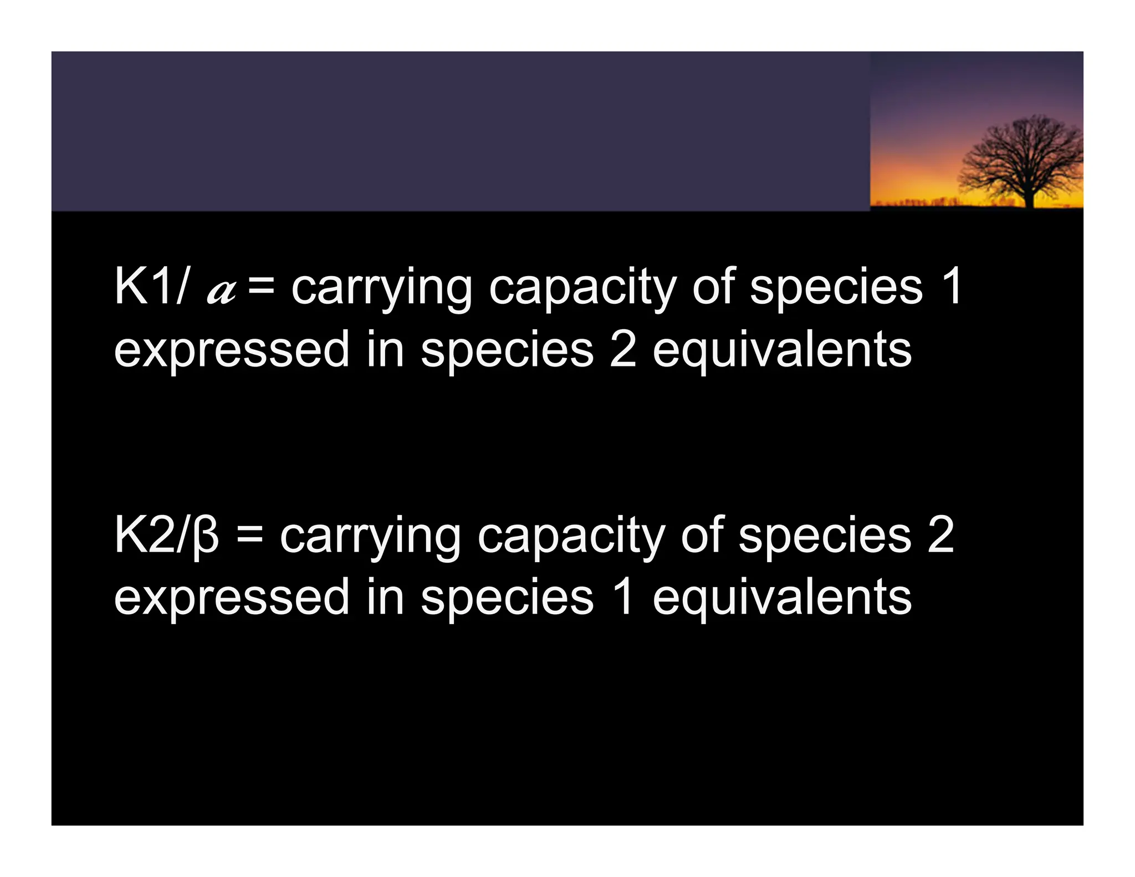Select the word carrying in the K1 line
pyautogui.click(x=381, y=289)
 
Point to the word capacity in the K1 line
pyautogui.click(x=582, y=289)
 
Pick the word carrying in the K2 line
pyautogui.click(x=370, y=538)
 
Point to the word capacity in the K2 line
pyautogui.click(x=571, y=538)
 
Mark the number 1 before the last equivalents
pyautogui.click(x=623, y=597)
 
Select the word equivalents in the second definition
pyautogui.click(x=781, y=598)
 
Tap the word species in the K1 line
pyautogui.click(x=836, y=289)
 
